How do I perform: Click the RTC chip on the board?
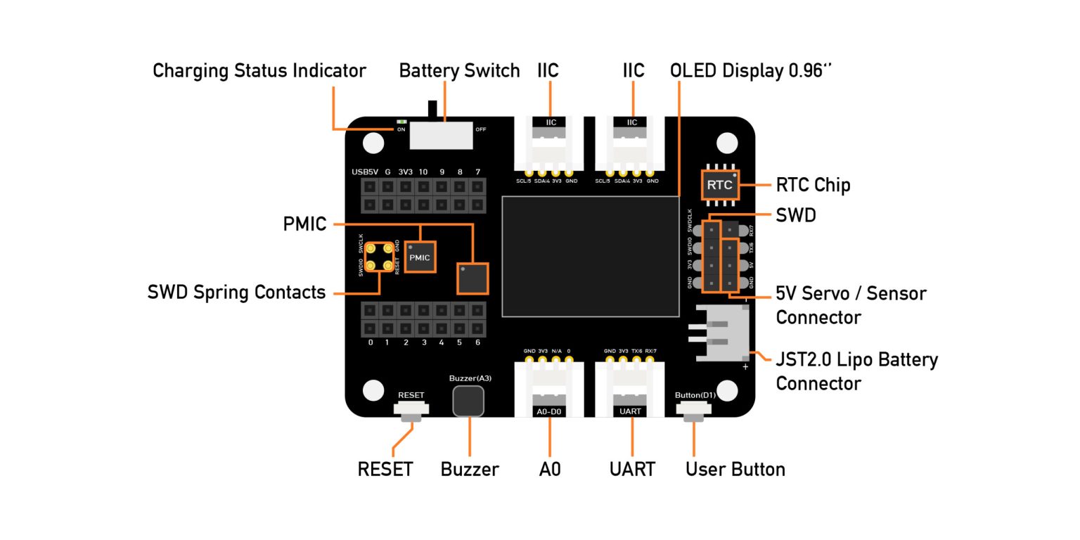coord(719,186)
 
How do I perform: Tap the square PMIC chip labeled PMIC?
coord(420,257)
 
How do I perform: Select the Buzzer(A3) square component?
coord(468,401)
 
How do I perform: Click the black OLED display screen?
coord(590,257)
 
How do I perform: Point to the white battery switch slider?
coord(441,134)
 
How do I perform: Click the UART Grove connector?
coord(631,390)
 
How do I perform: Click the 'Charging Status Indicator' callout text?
coord(259,71)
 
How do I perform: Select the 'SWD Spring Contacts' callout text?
coord(236,292)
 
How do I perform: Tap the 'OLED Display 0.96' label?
coord(751,71)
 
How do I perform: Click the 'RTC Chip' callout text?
coord(813,185)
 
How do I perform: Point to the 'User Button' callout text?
coord(735,469)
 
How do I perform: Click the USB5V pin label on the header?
coord(365,172)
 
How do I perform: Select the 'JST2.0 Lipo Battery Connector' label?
coord(856,371)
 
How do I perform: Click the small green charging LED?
coord(401,122)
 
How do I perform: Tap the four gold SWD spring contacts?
coord(378,257)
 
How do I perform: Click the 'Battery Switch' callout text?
coord(459,71)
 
